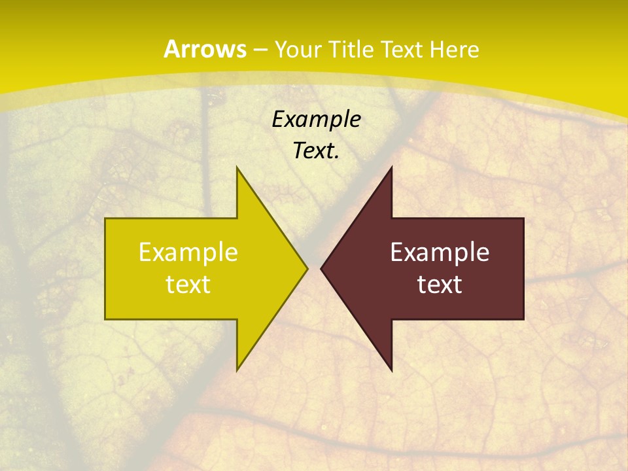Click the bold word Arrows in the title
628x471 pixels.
[205, 50]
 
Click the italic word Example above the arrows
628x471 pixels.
[316, 120]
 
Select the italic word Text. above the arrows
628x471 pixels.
[316, 151]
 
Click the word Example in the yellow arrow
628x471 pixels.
[188, 253]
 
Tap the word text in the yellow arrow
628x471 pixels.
[188, 285]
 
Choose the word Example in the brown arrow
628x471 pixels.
[440, 253]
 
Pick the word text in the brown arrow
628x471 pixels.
[440, 285]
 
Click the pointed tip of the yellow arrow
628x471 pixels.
[307, 268]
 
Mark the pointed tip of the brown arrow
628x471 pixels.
[321, 268]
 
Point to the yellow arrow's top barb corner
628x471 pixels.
[237, 167]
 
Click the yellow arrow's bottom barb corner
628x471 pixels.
[237, 370]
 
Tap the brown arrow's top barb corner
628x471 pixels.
[391, 167]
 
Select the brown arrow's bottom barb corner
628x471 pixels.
[391, 370]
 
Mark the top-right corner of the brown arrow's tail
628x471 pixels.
[523, 218]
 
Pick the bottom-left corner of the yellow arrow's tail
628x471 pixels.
[105, 319]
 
